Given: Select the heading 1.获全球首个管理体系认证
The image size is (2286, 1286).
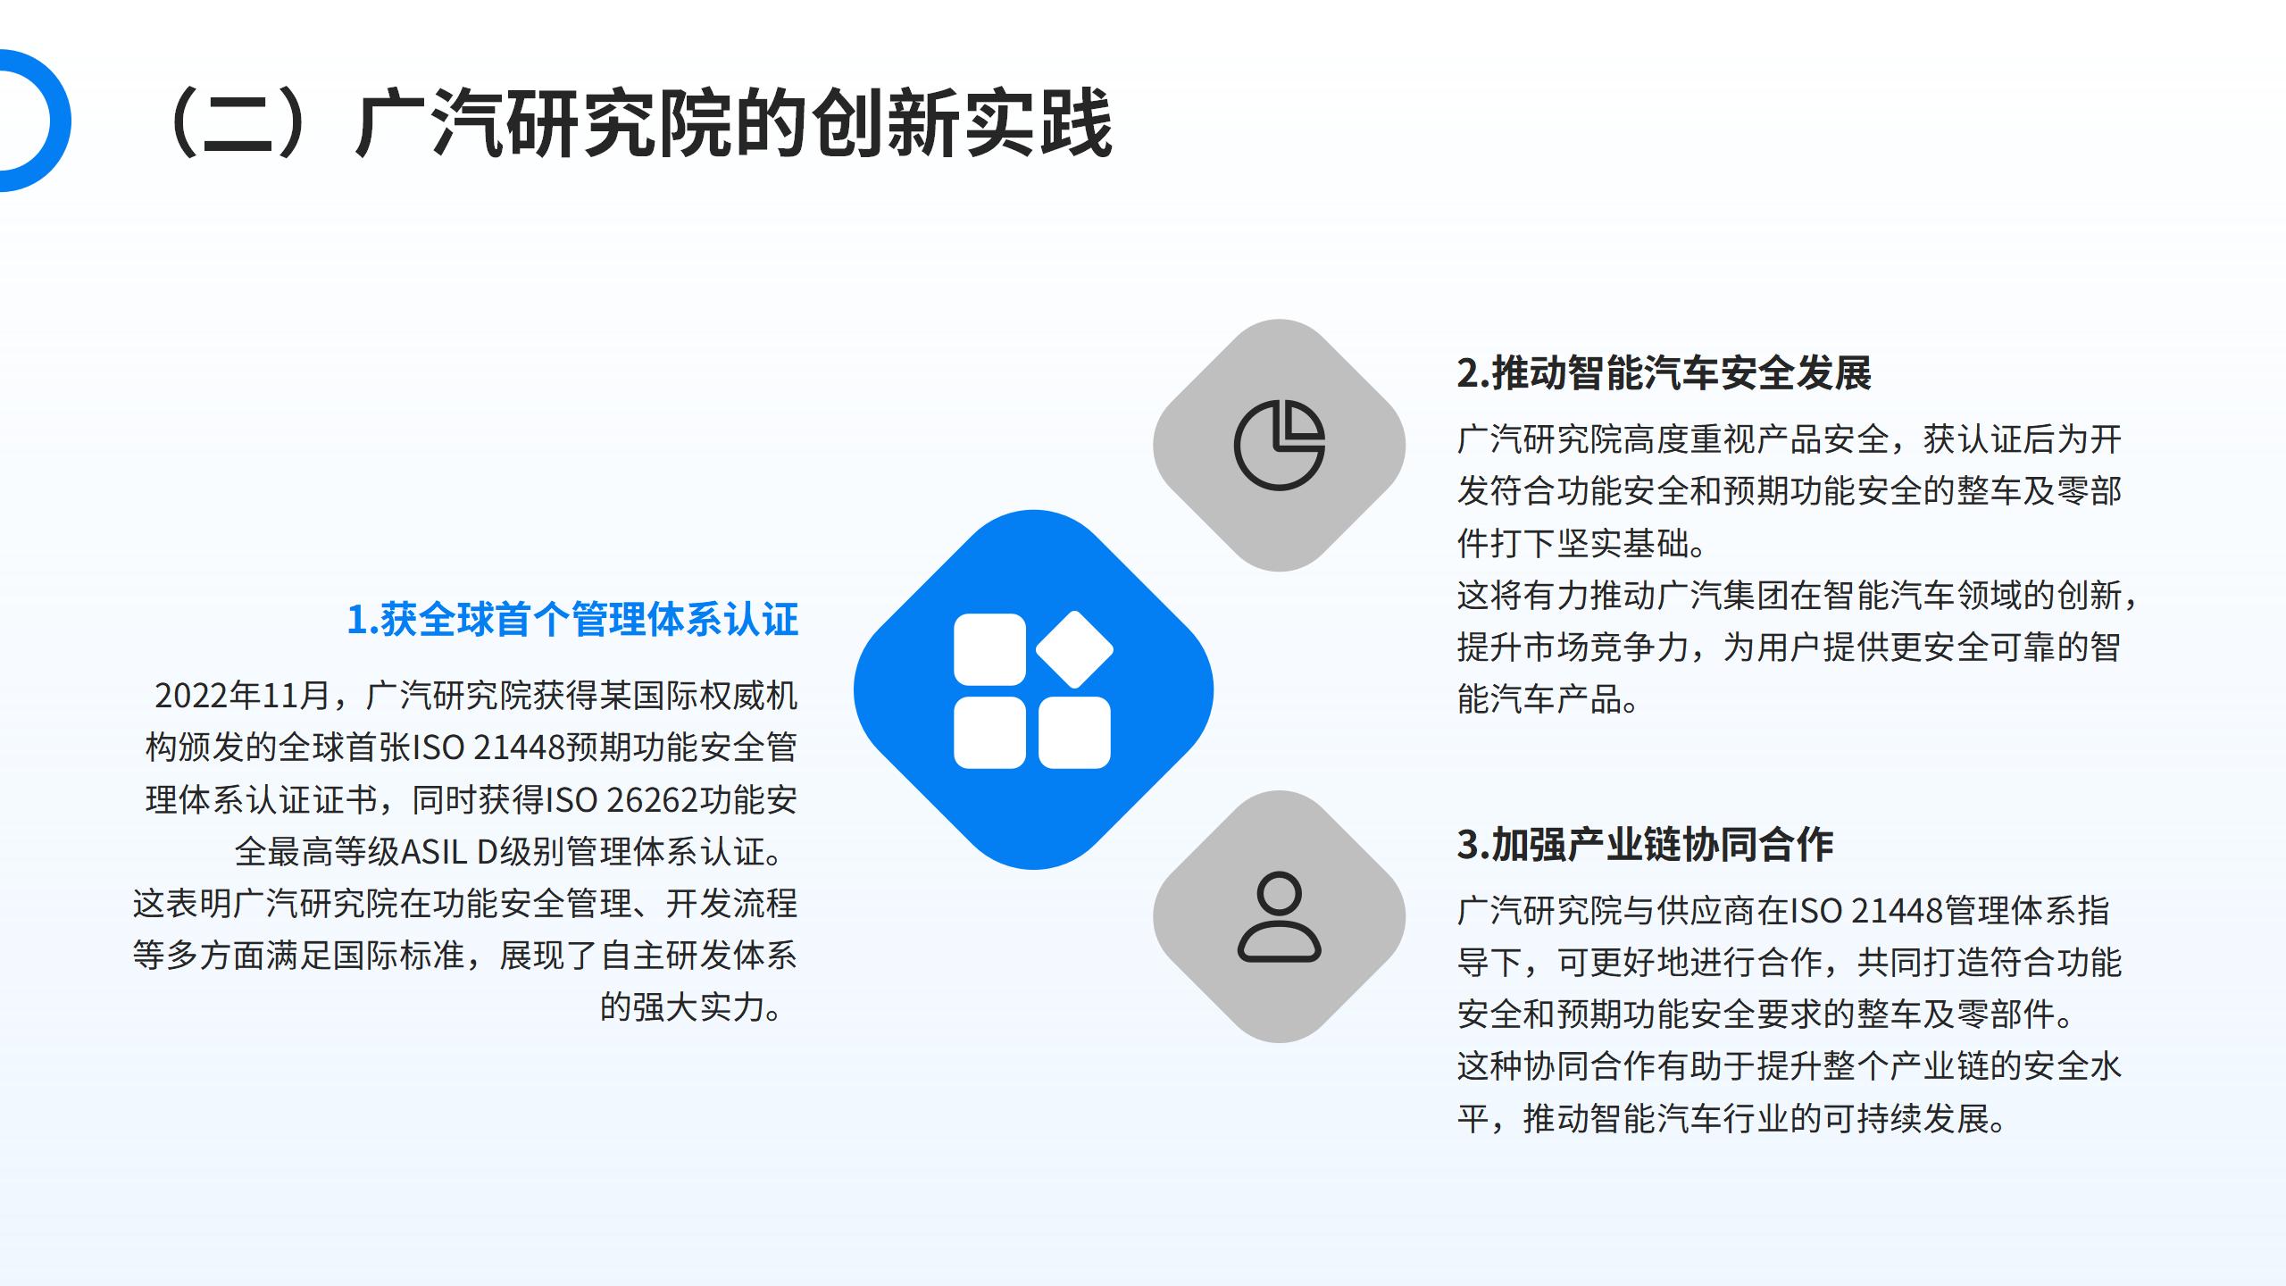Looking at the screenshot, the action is pyautogui.click(x=572, y=619).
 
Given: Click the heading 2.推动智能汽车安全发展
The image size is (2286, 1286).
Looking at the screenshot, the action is pyautogui.click(x=1664, y=372).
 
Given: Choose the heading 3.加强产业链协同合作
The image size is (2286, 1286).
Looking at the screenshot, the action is pyautogui.click(x=1645, y=844).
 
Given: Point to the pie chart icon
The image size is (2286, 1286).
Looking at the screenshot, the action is pyautogui.click(x=1279, y=445).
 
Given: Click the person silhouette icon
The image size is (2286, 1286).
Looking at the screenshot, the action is pyautogui.click(x=1279, y=916).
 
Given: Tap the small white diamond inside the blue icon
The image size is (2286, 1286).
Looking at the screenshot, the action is pyautogui.click(x=1074, y=649).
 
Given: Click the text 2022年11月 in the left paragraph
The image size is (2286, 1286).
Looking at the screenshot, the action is pyautogui.click(x=243, y=696).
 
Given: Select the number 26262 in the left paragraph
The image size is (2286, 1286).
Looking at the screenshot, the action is pyautogui.click(x=651, y=799).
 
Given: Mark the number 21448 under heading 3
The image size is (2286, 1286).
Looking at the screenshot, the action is pyautogui.click(x=1898, y=910).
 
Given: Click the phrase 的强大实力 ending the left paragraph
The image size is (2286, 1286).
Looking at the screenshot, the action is pyautogui.click(x=683, y=1007).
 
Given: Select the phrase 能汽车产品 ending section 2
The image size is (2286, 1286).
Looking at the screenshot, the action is pyautogui.click(x=1540, y=699).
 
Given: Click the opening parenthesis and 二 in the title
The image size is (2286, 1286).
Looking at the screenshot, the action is pyautogui.click(x=228, y=123).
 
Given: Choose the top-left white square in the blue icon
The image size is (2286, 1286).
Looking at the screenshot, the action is pyautogui.click(x=989, y=649).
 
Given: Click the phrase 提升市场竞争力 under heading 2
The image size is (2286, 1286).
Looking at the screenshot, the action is pyautogui.click(x=1573, y=647).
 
